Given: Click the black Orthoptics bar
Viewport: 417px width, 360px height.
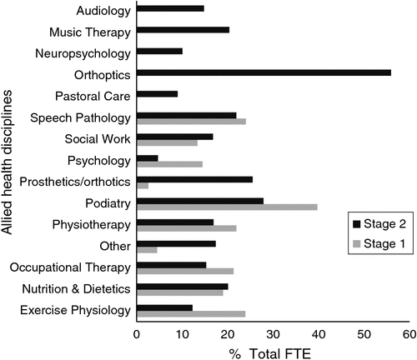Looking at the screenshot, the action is [x=264, y=72].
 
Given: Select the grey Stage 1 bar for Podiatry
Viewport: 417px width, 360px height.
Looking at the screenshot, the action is [x=227, y=207].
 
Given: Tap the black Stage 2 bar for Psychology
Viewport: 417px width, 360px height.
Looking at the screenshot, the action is [x=148, y=158].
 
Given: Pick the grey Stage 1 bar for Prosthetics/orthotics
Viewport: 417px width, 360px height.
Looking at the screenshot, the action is [x=143, y=186].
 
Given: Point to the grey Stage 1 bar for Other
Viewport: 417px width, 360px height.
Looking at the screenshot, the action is [x=147, y=250].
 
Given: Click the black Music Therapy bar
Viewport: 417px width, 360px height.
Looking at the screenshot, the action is [x=183, y=30].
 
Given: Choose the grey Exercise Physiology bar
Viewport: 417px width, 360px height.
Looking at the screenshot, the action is [x=191, y=314].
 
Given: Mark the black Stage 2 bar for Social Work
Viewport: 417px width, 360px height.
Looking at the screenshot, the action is [x=175, y=137].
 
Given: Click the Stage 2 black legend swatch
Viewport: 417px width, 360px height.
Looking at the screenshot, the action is [x=356, y=224].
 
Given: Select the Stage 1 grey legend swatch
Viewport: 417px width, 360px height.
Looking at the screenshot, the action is [x=356, y=244].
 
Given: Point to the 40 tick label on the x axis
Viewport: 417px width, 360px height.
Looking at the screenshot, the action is [x=319, y=334].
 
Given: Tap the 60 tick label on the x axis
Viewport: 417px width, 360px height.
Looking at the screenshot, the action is [x=409, y=334].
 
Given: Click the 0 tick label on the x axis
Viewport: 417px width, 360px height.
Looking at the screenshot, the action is [x=137, y=334].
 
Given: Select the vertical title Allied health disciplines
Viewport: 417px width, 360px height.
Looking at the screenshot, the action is [x=7, y=162].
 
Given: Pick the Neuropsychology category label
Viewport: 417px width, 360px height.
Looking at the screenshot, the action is [x=83, y=53].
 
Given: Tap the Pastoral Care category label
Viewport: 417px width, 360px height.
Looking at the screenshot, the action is [x=93, y=97].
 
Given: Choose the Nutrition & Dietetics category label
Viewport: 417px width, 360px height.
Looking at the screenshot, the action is [x=76, y=289].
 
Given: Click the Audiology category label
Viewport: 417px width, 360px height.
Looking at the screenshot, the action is [x=103, y=12].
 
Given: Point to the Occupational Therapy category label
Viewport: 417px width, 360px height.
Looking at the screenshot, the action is [x=70, y=267].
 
